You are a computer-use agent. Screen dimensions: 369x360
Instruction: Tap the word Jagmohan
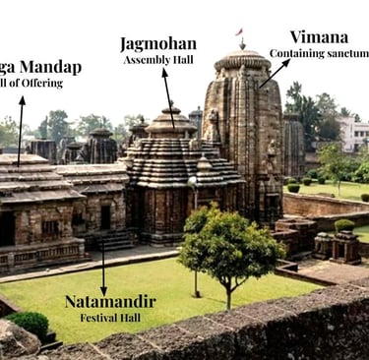pyautogui.click(x=157, y=43)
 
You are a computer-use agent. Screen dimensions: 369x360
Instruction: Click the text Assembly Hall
pyautogui.click(x=157, y=60)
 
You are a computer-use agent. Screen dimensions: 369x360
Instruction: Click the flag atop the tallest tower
pyautogui.click(x=239, y=32)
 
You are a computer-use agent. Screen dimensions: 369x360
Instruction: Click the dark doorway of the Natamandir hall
pyautogui.click(x=105, y=216)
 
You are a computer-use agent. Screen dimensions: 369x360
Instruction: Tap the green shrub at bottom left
pyautogui.click(x=30, y=323)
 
